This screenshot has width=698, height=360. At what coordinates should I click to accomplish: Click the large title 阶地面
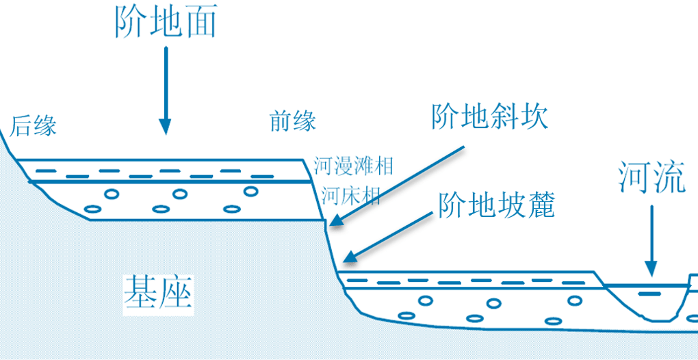165,22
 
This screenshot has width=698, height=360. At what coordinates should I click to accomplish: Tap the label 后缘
33,126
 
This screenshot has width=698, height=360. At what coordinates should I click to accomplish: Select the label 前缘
293,122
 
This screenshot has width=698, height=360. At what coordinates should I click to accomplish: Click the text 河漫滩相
354,165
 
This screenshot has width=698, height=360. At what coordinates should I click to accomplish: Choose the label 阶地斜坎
490,118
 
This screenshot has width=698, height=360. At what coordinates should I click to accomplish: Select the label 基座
158,294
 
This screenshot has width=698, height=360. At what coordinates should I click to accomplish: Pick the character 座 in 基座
176,294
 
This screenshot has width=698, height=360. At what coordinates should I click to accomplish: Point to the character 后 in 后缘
21,126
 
